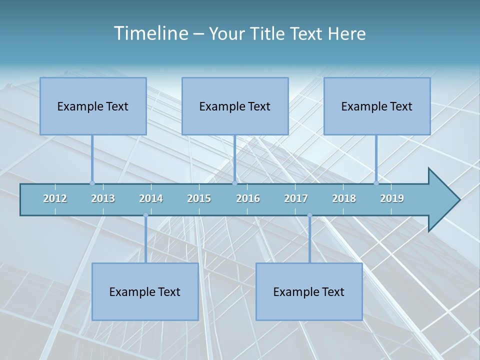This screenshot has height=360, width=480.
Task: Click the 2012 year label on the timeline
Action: [55, 198]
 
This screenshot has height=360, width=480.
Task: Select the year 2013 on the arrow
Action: [103, 198]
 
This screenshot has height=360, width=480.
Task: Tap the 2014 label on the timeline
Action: [151, 198]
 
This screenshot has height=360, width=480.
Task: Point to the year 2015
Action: [199, 198]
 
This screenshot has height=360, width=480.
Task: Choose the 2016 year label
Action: [248, 198]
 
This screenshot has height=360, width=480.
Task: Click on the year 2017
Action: [296, 198]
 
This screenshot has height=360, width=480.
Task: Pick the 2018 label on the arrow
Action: [344, 198]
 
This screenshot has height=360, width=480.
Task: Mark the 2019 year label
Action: [392, 198]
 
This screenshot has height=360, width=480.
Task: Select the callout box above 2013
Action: [93, 106]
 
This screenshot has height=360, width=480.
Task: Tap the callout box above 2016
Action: [235, 106]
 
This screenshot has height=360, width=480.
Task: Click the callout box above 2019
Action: [377, 106]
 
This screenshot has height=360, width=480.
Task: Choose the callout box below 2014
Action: [145, 291]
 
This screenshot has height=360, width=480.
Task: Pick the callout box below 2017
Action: [309, 291]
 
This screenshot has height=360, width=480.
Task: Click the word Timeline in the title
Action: [149, 33]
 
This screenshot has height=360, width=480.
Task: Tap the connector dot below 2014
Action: [145, 215]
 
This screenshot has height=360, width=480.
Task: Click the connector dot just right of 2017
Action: [309, 215]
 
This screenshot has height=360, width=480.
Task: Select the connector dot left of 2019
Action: [376, 183]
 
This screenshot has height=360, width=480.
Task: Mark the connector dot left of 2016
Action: [234, 183]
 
